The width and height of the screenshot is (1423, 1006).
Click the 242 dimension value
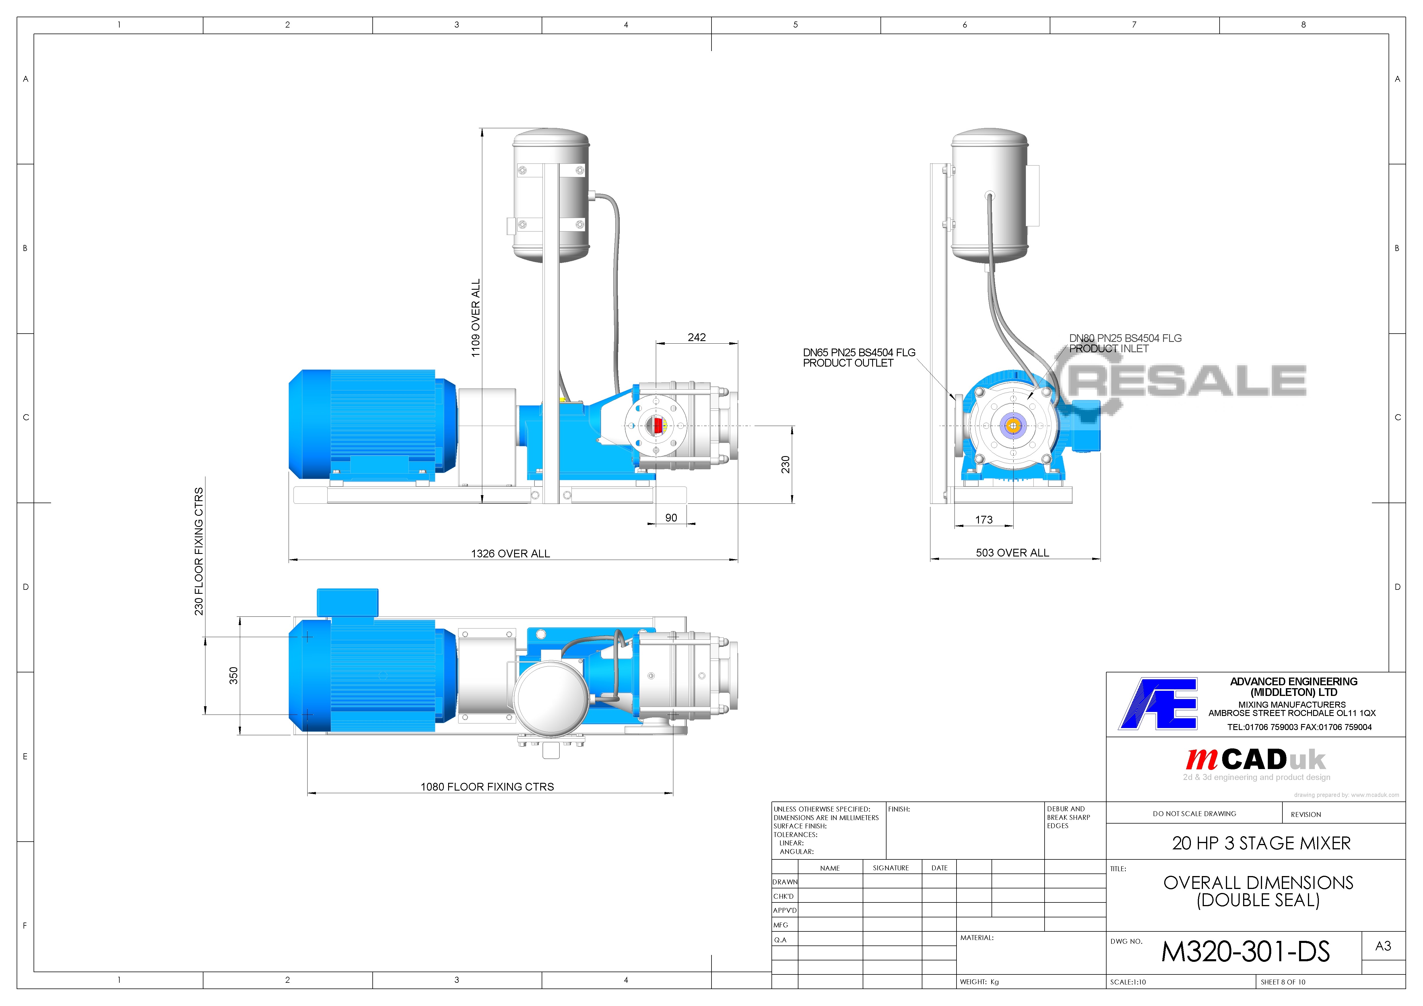pos(697,337)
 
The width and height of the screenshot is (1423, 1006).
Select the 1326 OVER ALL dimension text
pos(510,554)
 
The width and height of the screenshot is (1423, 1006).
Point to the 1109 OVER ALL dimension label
pos(475,318)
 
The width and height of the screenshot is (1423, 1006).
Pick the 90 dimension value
pos(671,517)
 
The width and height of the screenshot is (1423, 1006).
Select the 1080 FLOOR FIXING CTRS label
pos(487,787)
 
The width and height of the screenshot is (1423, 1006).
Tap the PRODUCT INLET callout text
pos(1109,348)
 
